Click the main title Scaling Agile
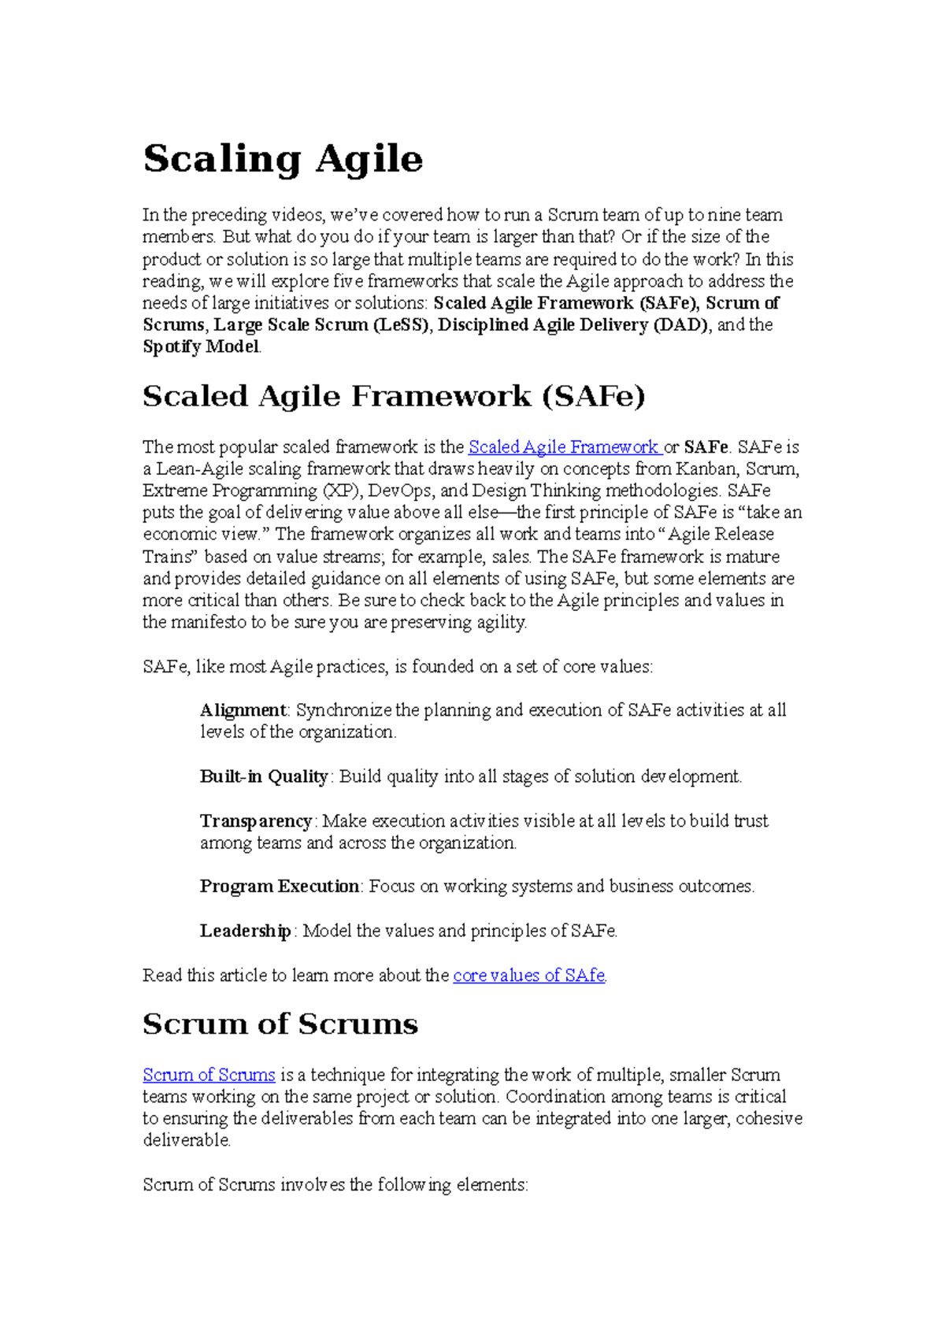283,159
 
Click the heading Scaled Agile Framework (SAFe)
394,396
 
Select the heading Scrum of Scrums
280,1024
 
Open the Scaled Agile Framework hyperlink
563,447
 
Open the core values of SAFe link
529,976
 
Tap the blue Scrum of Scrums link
209,1075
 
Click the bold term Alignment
243,710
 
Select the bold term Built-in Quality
264,776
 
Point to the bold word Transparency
256,821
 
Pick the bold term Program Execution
280,887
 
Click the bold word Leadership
246,931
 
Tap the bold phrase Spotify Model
201,347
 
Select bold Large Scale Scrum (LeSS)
323,325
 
